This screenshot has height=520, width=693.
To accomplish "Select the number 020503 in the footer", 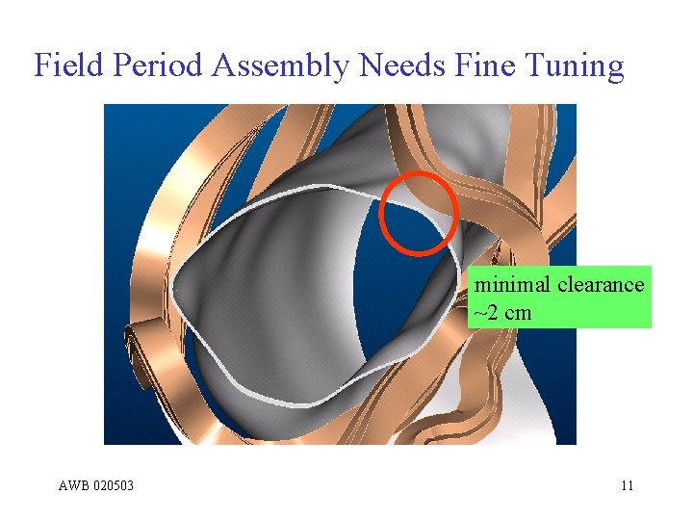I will tap(115, 485).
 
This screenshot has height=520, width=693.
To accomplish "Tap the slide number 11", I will tap(627, 485).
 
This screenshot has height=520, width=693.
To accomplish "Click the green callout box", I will tap(559, 298).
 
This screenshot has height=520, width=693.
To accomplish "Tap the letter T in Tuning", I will tap(533, 65).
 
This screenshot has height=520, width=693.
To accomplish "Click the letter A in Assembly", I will tap(222, 65).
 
